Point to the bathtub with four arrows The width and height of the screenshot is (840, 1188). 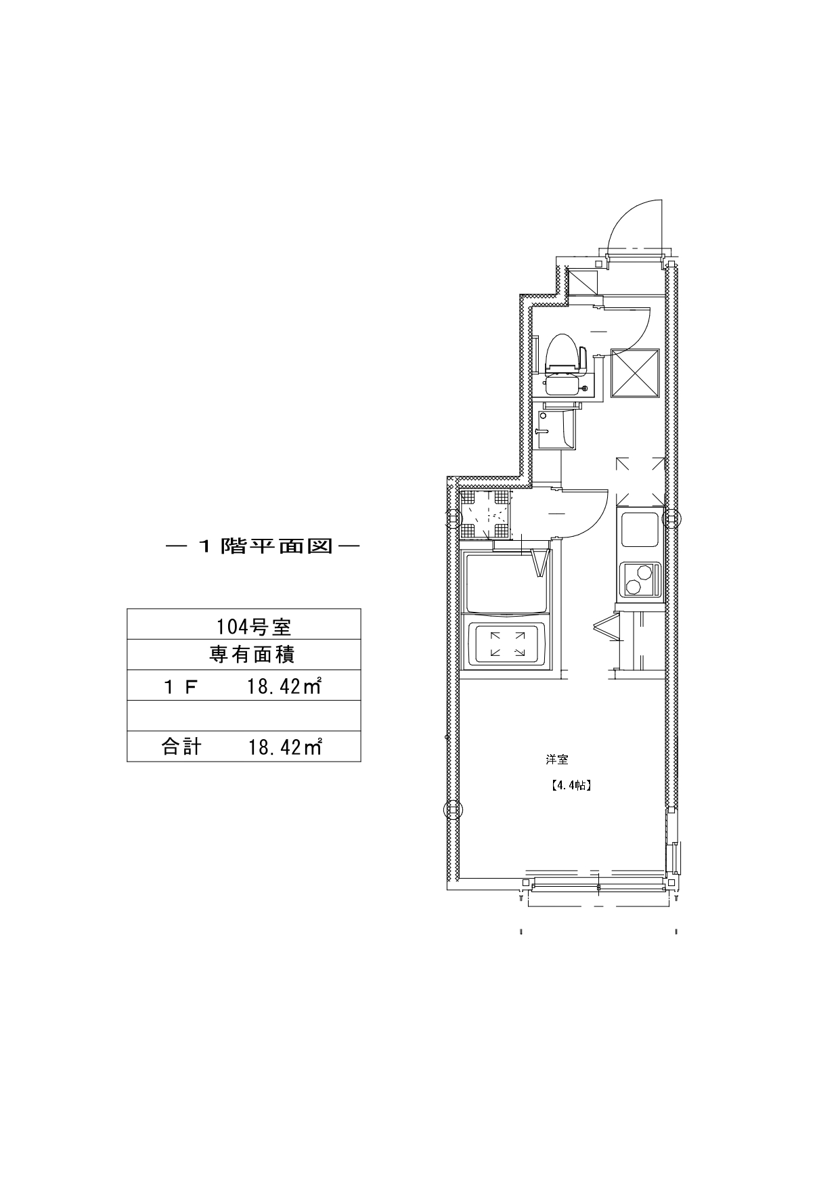tap(507, 643)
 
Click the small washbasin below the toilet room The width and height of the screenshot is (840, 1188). tap(556, 428)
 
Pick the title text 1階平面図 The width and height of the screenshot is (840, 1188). tap(262, 546)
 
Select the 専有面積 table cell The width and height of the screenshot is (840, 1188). tap(244, 655)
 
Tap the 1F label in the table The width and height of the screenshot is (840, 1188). tap(180, 687)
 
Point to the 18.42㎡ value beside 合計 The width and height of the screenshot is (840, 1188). tap(284, 747)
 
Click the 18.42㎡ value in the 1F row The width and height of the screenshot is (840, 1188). tap(284, 687)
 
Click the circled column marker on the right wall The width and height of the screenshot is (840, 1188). tap(671, 519)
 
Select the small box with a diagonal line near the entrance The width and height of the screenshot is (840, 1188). tap(581, 280)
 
